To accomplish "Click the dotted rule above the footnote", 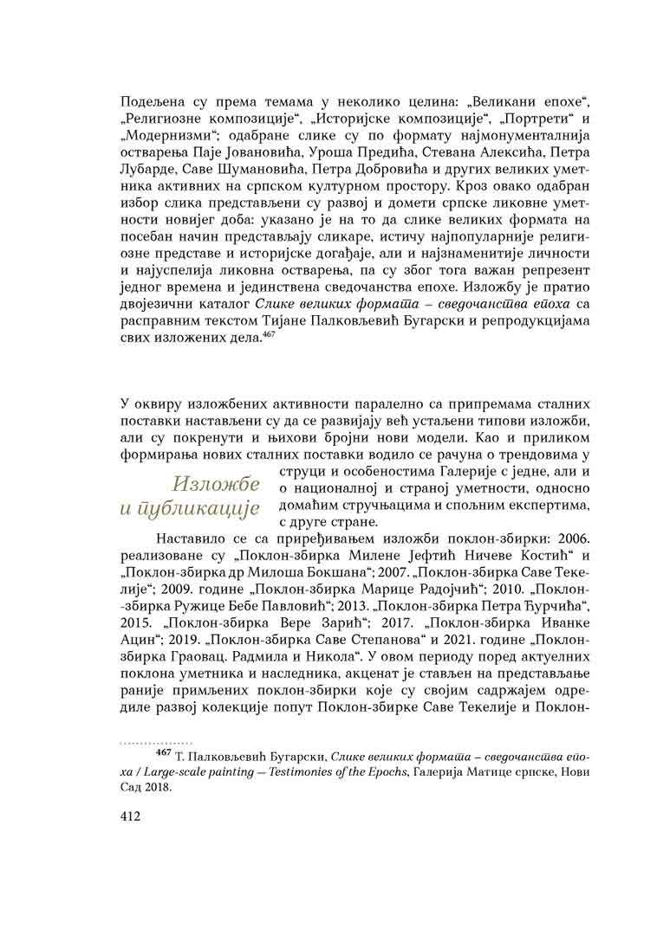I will (x=155, y=743).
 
